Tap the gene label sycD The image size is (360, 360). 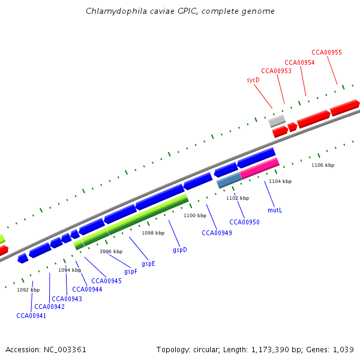(x=253, y=80)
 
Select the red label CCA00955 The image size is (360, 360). (x=326, y=52)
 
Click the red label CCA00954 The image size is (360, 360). (x=299, y=62)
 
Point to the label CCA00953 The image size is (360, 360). (x=277, y=71)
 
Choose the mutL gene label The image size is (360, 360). (x=275, y=211)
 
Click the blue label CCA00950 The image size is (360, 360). (x=244, y=222)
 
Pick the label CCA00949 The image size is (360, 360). (x=217, y=233)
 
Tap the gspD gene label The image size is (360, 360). (x=180, y=250)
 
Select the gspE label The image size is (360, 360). (x=148, y=263)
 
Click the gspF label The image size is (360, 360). (x=131, y=271)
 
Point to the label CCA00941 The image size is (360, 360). (x=31, y=316)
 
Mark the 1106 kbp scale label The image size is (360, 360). (x=323, y=165)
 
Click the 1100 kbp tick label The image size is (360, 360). (x=195, y=215)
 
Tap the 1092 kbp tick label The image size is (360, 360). (x=28, y=290)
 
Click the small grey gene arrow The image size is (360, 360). (x=277, y=121)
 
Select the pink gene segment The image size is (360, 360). (x=259, y=167)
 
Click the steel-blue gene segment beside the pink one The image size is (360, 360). (x=229, y=179)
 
